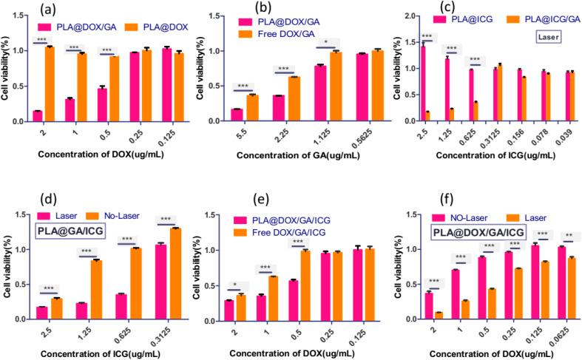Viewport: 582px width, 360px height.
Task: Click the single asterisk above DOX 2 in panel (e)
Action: click(x=234, y=284)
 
